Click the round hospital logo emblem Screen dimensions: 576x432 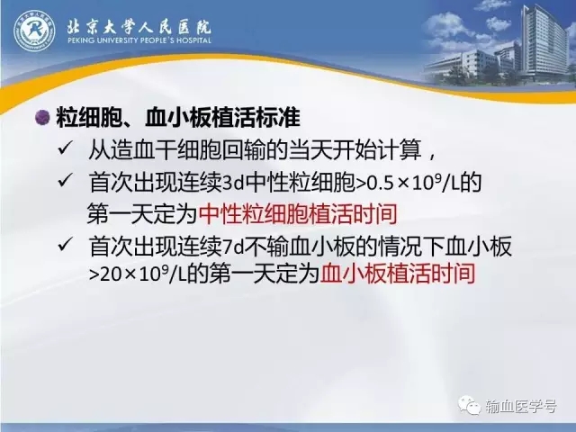point(34,31)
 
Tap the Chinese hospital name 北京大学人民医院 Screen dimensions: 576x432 point(139,26)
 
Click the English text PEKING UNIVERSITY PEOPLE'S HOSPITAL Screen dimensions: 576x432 point(139,40)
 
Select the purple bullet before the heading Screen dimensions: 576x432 point(42,118)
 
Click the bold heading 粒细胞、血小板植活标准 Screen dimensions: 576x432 point(178,118)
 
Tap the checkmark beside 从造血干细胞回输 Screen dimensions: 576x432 point(65,148)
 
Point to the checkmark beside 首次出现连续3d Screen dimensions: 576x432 point(65,181)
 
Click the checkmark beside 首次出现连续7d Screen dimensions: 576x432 point(65,245)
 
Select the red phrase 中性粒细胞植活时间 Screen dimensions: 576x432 point(298,213)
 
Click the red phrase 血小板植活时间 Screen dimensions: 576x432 point(398,274)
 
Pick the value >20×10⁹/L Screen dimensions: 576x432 point(138,274)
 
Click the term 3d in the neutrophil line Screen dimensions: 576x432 point(234,183)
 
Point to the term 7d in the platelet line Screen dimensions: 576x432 point(234,247)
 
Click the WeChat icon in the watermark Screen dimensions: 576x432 point(469,405)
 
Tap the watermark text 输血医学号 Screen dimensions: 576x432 point(521,406)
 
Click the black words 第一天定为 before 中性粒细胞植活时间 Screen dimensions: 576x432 point(142,213)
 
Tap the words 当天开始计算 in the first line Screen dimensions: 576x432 point(355,150)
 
